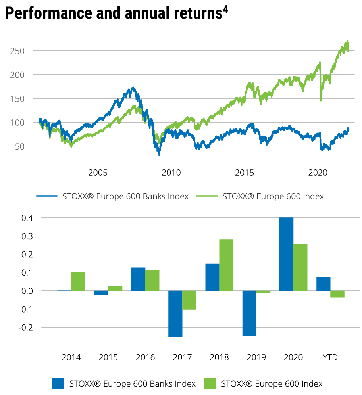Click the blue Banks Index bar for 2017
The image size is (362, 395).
[175, 313]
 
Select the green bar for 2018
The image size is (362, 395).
[226, 265]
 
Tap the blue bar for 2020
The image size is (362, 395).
[286, 254]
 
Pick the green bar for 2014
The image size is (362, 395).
[78, 281]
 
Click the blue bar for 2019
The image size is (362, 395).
[249, 313]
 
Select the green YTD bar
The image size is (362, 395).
[337, 294]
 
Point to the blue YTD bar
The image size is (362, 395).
[323, 284]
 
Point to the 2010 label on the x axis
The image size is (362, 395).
[171, 173]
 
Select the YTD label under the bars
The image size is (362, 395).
[330, 357]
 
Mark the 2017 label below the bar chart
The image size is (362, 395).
[182, 357]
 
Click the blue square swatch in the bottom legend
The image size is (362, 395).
[58, 383]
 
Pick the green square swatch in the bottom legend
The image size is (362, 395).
[210, 383]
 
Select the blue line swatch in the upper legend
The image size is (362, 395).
[48, 196]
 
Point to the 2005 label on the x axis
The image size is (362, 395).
[98, 173]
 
